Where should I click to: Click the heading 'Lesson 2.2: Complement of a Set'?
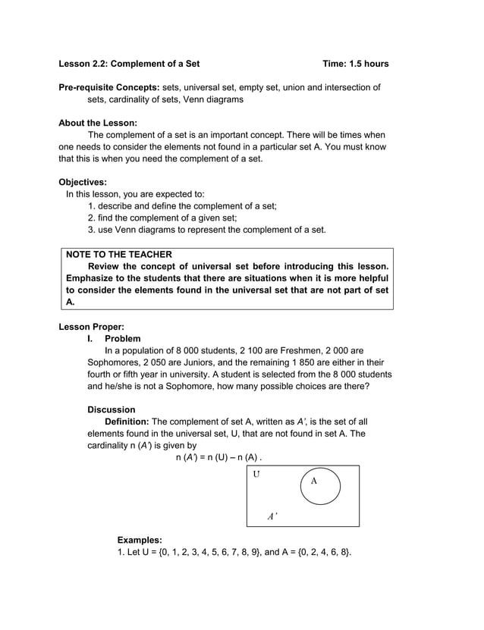point(129,64)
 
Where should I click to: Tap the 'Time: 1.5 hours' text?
point(355,64)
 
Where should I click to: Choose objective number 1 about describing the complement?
point(182,205)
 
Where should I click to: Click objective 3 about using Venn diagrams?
point(206,230)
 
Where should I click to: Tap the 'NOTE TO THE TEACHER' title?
point(119,255)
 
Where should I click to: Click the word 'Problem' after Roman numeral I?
point(122,339)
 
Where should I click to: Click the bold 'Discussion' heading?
point(112,410)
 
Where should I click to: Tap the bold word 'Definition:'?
point(127,422)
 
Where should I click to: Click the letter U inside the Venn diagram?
point(256,475)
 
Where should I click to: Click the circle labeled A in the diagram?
point(320,487)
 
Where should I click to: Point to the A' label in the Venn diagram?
point(272,516)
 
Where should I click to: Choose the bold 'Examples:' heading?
point(140,540)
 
